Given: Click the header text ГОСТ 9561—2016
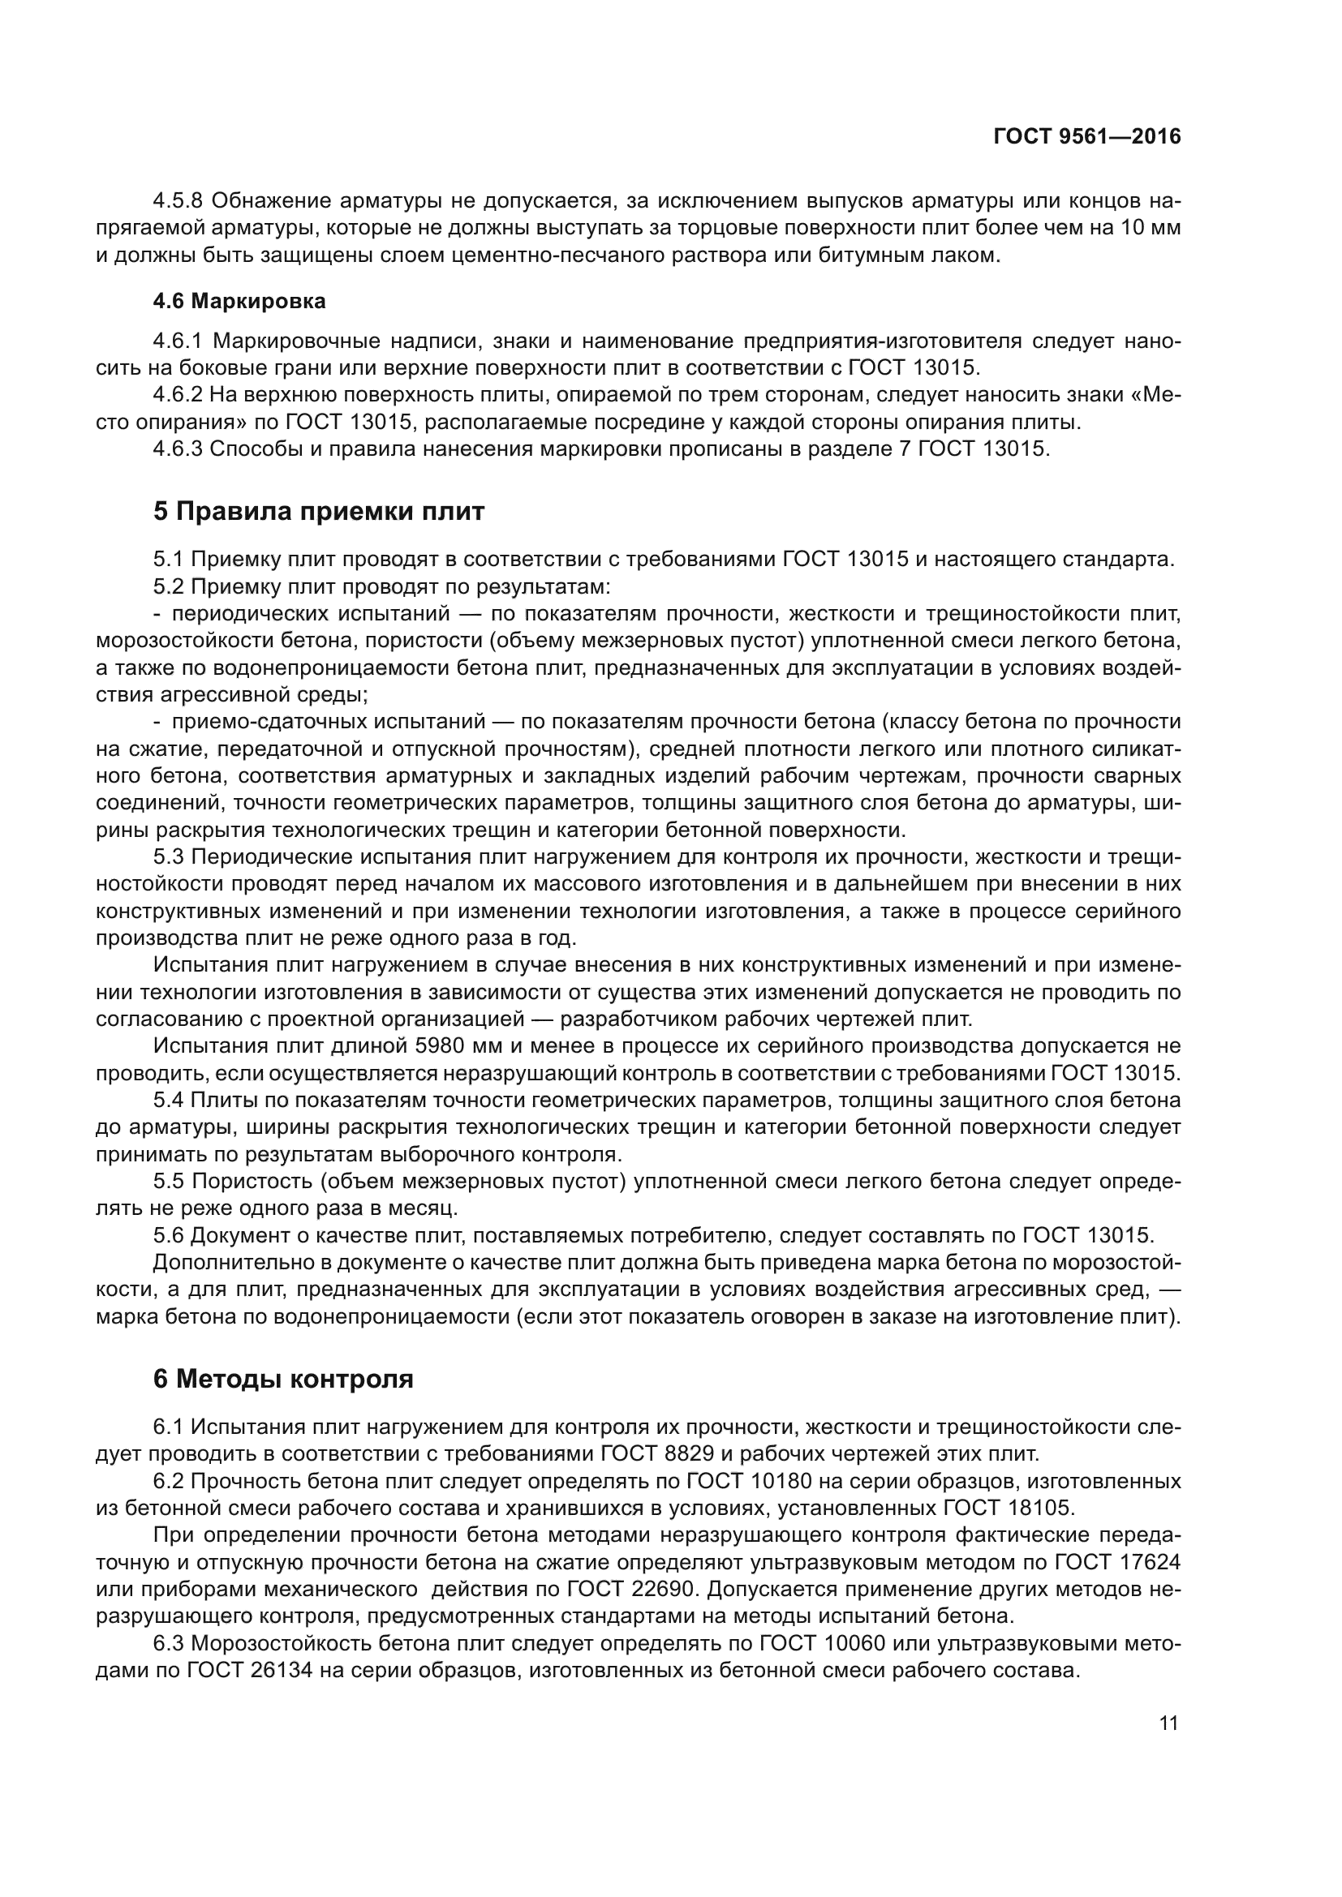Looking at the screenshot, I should click(x=1086, y=137).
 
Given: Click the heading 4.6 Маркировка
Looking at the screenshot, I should click(x=239, y=302).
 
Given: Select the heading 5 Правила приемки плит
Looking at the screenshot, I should click(x=318, y=512).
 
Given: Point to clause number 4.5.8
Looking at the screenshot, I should click(x=179, y=201).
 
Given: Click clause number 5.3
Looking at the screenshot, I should click(x=169, y=856).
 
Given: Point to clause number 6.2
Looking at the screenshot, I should click(x=169, y=1481).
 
